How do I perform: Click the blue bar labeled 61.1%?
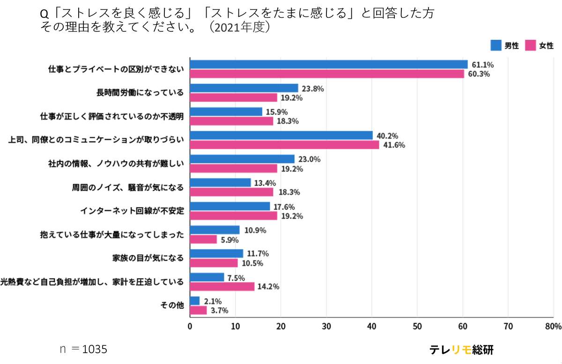329,64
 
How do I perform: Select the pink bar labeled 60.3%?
327,74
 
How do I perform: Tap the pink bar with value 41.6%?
284,145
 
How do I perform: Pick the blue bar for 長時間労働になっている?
244,88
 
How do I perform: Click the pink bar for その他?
198,310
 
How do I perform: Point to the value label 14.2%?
268,287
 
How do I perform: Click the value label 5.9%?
229,240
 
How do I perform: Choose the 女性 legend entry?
540,45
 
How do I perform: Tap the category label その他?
172,305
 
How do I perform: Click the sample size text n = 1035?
83,349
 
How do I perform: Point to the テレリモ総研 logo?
461,350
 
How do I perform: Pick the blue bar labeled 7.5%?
207,277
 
